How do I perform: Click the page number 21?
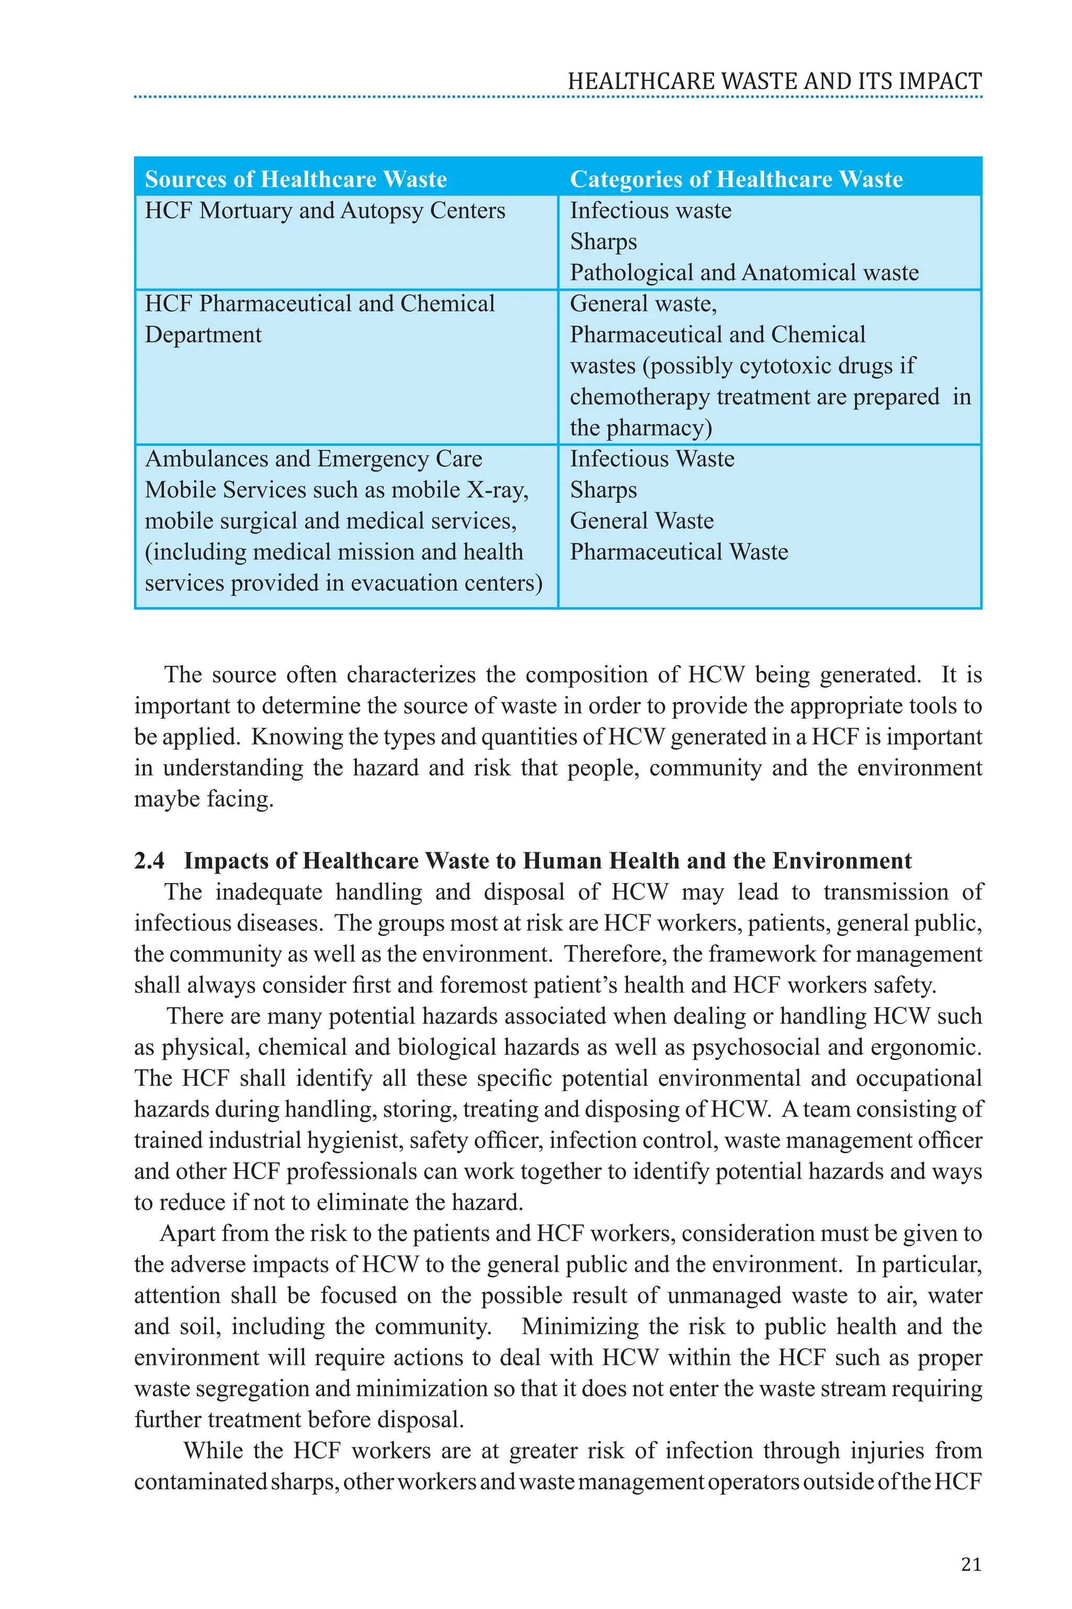[x=971, y=1564]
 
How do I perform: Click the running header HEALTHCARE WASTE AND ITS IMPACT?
[x=774, y=81]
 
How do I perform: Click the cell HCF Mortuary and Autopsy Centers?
[x=325, y=211]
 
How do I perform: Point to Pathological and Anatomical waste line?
[x=744, y=273]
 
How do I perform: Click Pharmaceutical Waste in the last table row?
[x=678, y=552]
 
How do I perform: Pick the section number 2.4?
[x=149, y=861]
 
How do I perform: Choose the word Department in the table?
[x=203, y=335]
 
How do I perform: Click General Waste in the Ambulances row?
[x=641, y=521]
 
